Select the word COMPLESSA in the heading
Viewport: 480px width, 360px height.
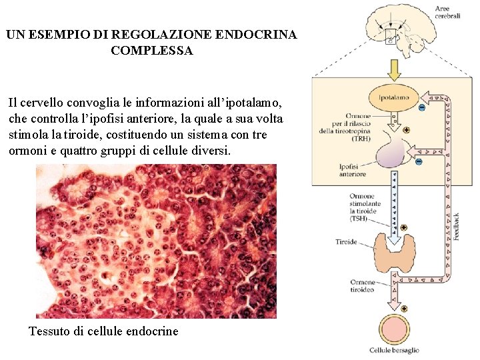point(152,51)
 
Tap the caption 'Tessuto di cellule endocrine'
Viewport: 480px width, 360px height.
point(103,331)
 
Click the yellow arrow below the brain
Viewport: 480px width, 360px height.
point(394,69)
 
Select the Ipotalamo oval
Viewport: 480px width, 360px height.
point(393,97)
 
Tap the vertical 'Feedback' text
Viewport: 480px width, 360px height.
point(457,227)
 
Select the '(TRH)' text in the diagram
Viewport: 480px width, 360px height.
point(361,138)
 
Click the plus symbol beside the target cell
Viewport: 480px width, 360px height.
point(405,309)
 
